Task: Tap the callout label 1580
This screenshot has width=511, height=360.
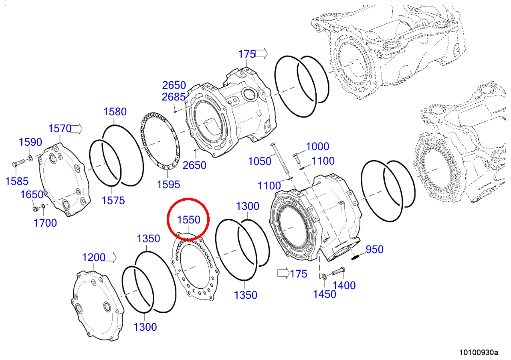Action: (x=115, y=112)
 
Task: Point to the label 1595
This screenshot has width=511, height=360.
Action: (x=168, y=184)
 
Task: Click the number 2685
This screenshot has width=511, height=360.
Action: (x=174, y=97)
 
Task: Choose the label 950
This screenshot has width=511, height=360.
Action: (x=374, y=249)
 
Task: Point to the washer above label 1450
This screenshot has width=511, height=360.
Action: (x=323, y=276)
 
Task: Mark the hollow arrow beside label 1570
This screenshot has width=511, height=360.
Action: (x=77, y=129)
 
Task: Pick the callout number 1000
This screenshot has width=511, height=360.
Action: (x=317, y=147)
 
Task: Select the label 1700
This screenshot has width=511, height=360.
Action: (x=45, y=223)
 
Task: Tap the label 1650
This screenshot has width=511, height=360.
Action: (x=32, y=195)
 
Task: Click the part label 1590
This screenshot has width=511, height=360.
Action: (x=30, y=142)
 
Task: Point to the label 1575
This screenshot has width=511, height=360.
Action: (x=113, y=200)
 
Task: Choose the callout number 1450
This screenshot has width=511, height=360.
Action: (x=325, y=294)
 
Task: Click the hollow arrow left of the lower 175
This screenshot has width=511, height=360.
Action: (x=283, y=274)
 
